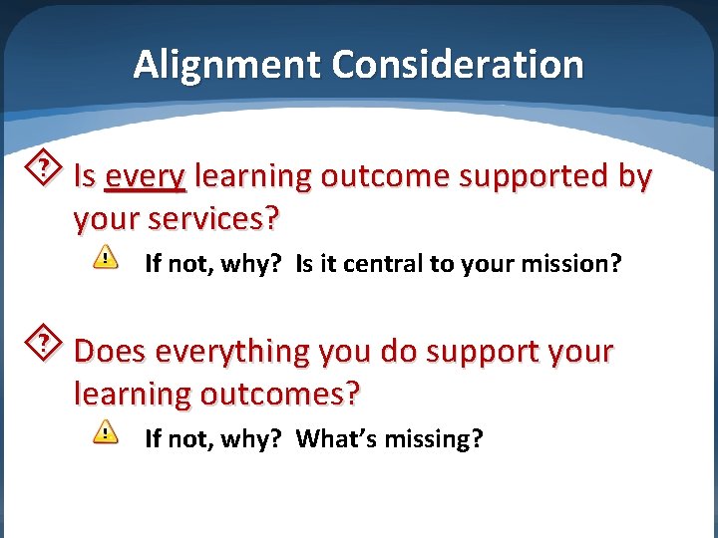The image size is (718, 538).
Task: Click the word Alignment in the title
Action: (x=227, y=65)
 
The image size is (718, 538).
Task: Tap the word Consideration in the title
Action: (x=458, y=65)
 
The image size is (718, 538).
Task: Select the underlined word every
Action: (x=145, y=176)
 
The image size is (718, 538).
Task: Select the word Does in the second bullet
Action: (x=111, y=352)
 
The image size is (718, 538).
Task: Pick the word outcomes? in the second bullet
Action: (x=281, y=394)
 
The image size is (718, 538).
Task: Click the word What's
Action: (x=336, y=438)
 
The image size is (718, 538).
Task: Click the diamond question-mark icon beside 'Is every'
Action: (x=44, y=168)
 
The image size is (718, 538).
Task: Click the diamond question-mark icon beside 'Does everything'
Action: (x=44, y=344)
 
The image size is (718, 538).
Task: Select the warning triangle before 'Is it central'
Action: (x=105, y=258)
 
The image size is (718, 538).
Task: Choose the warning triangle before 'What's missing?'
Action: (x=105, y=432)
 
